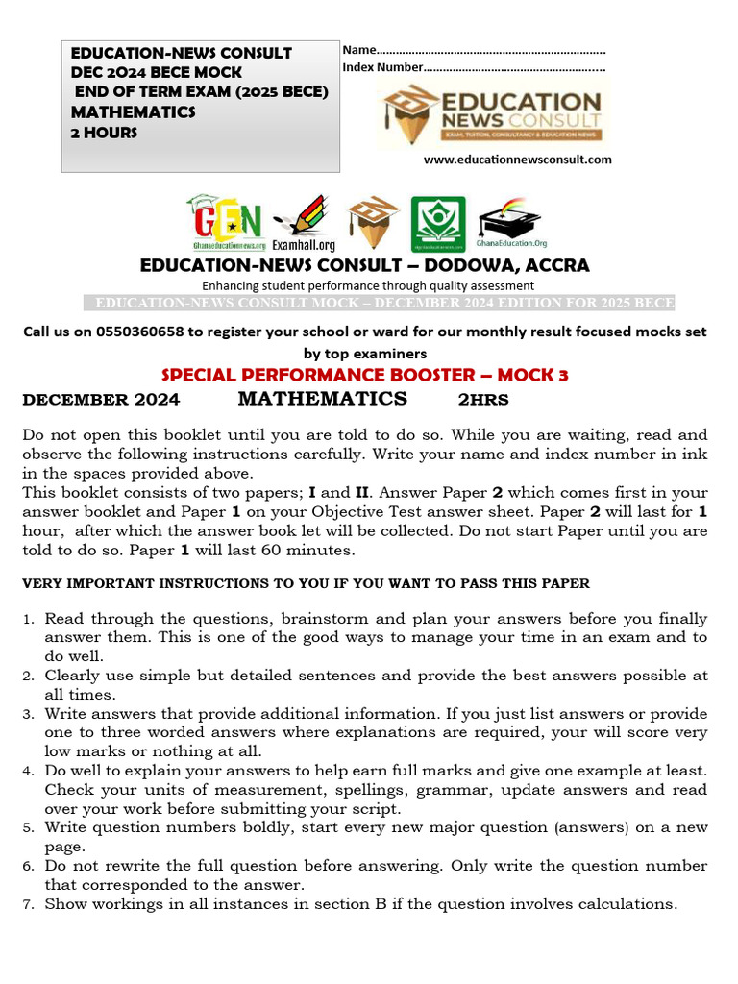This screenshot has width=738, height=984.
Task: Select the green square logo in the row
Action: click(x=437, y=225)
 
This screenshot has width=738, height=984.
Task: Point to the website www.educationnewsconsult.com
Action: click(x=517, y=160)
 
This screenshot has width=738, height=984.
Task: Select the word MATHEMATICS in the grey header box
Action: click(x=133, y=112)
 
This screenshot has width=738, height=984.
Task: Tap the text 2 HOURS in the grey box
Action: click(x=104, y=133)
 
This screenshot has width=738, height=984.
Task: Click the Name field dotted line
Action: click(x=490, y=50)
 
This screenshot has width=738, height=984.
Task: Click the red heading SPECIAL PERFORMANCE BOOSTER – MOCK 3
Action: click(x=364, y=376)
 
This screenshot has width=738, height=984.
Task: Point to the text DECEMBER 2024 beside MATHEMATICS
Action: click(x=101, y=400)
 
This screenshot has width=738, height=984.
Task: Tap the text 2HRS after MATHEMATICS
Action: click(x=482, y=400)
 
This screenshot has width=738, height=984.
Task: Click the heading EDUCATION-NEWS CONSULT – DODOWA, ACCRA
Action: click(x=364, y=265)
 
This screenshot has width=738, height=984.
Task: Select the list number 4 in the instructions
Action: click(x=29, y=771)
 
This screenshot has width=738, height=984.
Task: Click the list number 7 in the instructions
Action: click(x=29, y=904)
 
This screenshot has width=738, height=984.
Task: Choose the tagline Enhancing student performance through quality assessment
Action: click(x=367, y=285)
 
